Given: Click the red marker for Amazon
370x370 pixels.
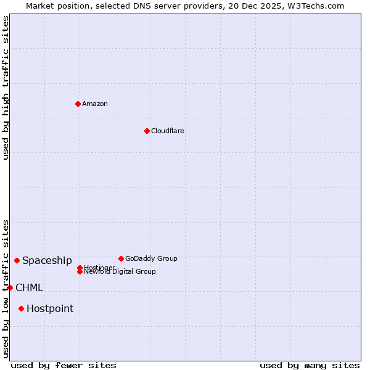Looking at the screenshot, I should pos(78,104).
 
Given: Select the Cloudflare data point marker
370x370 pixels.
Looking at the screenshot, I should pos(147,131).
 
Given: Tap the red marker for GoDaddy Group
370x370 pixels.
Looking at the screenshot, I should pos(121,258).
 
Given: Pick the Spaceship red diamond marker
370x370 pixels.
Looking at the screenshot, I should pos(17,260).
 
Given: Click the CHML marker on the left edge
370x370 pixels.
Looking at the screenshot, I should pos(10,287).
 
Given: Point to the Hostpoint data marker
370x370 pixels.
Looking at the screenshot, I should pos(21,308).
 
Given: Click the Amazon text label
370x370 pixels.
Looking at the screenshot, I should pos(95,104).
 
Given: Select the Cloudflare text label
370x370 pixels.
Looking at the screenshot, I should pos(168,131).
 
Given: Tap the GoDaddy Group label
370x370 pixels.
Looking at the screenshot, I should pos(151,258).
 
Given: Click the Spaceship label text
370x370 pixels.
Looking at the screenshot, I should pos(47,260).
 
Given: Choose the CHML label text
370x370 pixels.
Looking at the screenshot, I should pos(29,287).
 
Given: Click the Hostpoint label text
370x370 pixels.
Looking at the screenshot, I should pos(50,308).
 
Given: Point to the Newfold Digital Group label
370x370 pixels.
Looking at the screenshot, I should pos(120,272).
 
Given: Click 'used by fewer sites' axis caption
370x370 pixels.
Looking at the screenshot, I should pos(64,365).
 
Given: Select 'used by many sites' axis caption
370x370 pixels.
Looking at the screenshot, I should pos(310,365).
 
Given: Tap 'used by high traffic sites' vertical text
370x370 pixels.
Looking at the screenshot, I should pos(6,88).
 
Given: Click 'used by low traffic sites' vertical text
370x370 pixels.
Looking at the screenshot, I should pos(6,288).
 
